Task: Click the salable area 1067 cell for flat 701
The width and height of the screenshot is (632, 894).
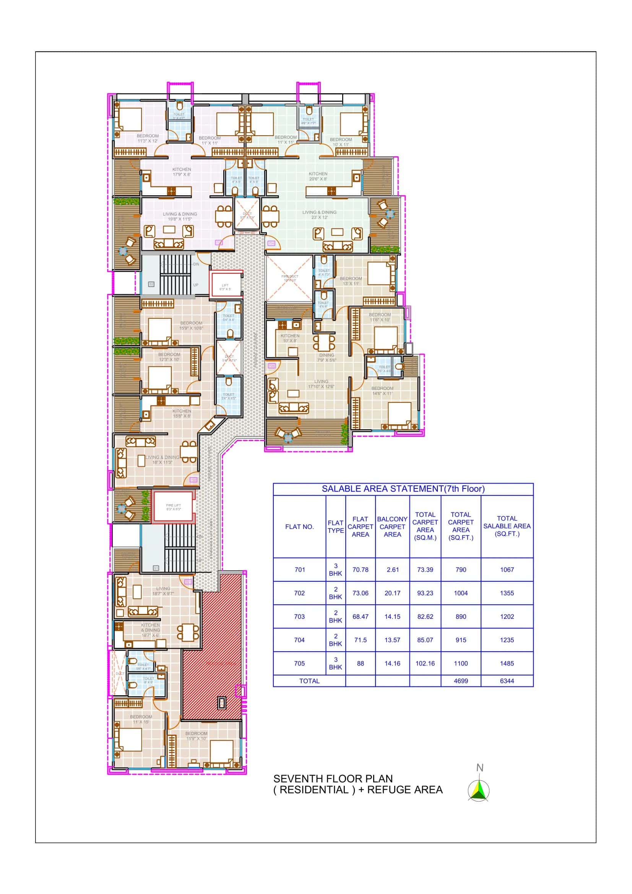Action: tap(507, 569)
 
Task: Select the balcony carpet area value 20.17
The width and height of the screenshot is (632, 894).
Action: tap(392, 593)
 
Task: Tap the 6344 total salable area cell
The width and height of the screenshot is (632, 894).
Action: tap(507, 681)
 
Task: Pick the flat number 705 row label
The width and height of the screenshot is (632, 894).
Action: tap(299, 663)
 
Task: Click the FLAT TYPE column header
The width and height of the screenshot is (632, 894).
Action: tap(335, 526)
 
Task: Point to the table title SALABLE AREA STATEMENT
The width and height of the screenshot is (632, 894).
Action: tap(403, 489)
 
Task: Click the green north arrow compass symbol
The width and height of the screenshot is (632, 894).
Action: tap(479, 791)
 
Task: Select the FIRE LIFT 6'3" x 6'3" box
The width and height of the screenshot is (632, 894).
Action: tap(173, 507)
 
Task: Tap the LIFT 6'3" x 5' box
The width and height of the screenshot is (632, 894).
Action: tap(225, 287)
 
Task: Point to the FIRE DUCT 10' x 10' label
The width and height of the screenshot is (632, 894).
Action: tap(289, 278)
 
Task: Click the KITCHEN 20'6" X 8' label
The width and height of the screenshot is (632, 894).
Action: tap(318, 176)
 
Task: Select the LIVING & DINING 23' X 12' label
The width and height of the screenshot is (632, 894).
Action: tap(319, 215)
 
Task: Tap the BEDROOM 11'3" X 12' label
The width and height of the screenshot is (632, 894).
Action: tap(148, 138)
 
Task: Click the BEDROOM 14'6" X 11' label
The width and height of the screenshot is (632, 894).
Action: tap(382, 391)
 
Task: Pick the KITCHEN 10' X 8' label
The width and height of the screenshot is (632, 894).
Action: tap(290, 338)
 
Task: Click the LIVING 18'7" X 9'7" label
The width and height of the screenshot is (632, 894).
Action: tap(163, 591)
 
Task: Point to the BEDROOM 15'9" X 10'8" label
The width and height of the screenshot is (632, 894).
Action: tap(191, 326)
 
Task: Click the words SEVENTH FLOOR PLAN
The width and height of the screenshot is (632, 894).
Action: tap(333, 779)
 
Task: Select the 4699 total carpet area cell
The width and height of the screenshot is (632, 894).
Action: tap(461, 681)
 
